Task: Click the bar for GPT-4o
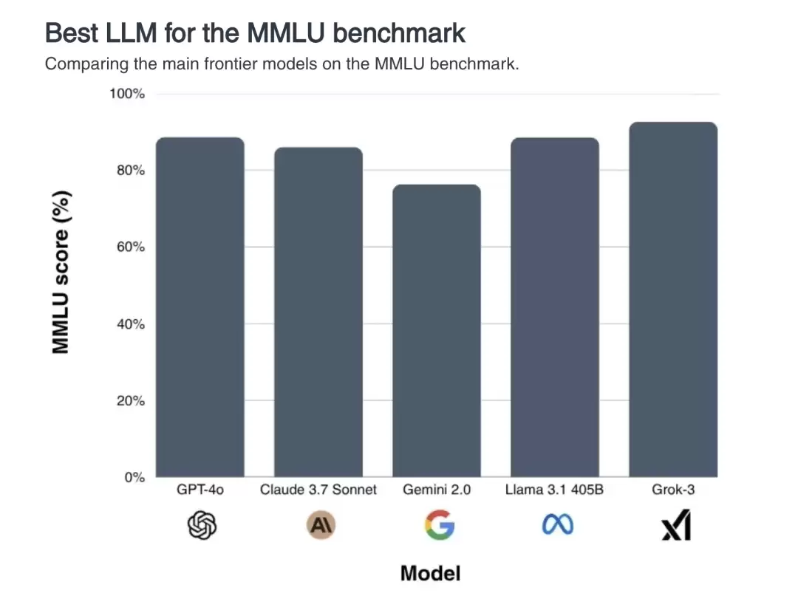(x=200, y=307)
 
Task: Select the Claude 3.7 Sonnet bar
(x=318, y=312)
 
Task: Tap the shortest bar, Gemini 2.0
(x=437, y=331)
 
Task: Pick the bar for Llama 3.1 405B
(x=555, y=307)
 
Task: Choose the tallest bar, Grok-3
(x=673, y=300)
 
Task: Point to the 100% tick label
(x=127, y=94)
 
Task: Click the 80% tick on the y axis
(x=130, y=171)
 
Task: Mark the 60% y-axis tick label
(x=130, y=247)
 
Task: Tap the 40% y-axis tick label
(x=130, y=324)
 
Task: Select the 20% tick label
(x=130, y=401)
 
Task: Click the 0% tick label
(x=134, y=478)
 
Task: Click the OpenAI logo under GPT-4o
(x=202, y=526)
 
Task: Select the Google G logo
(x=439, y=526)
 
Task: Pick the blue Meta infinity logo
(x=558, y=525)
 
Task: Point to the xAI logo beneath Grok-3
(x=676, y=526)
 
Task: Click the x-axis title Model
(x=430, y=573)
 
